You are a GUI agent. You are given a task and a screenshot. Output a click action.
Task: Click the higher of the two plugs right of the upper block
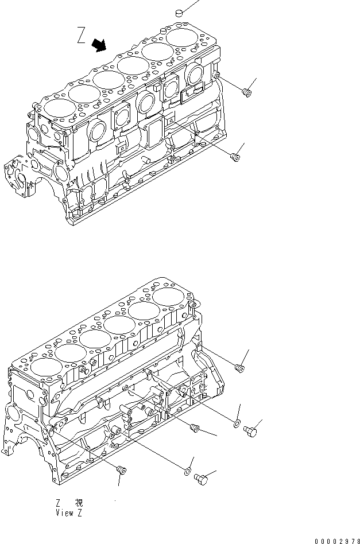[247, 91]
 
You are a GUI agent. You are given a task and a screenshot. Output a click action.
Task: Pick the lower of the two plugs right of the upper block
[234, 156]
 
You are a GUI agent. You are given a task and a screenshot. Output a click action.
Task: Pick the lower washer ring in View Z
[187, 472]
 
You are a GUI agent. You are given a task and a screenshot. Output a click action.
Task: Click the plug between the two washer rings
[194, 428]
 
